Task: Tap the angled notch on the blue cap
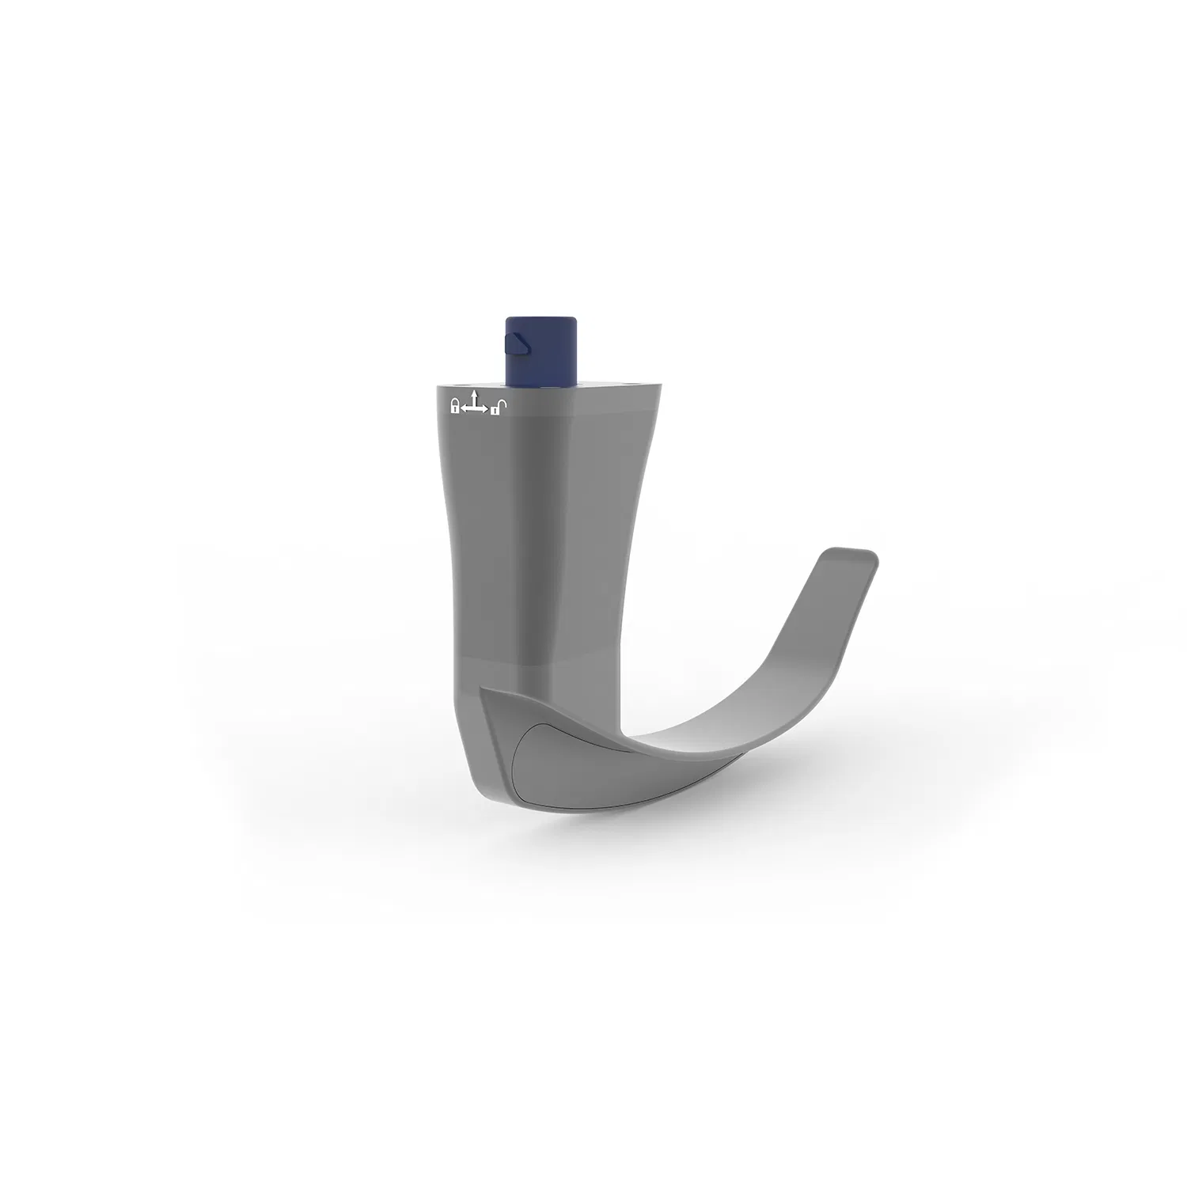click(x=515, y=343)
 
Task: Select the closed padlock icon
click(x=454, y=407)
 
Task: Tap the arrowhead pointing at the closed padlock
click(x=463, y=409)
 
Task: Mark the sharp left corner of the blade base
click(x=482, y=690)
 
